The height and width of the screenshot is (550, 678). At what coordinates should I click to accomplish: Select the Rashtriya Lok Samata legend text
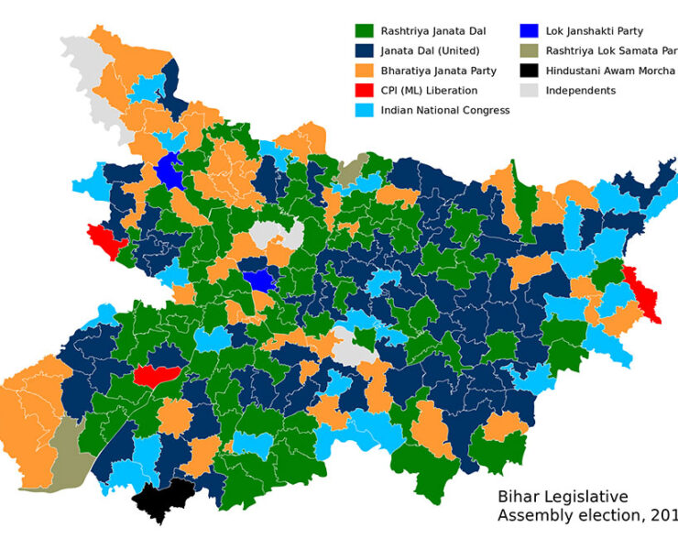click(x=610, y=51)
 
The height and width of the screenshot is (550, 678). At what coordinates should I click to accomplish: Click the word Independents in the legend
click(x=581, y=91)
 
